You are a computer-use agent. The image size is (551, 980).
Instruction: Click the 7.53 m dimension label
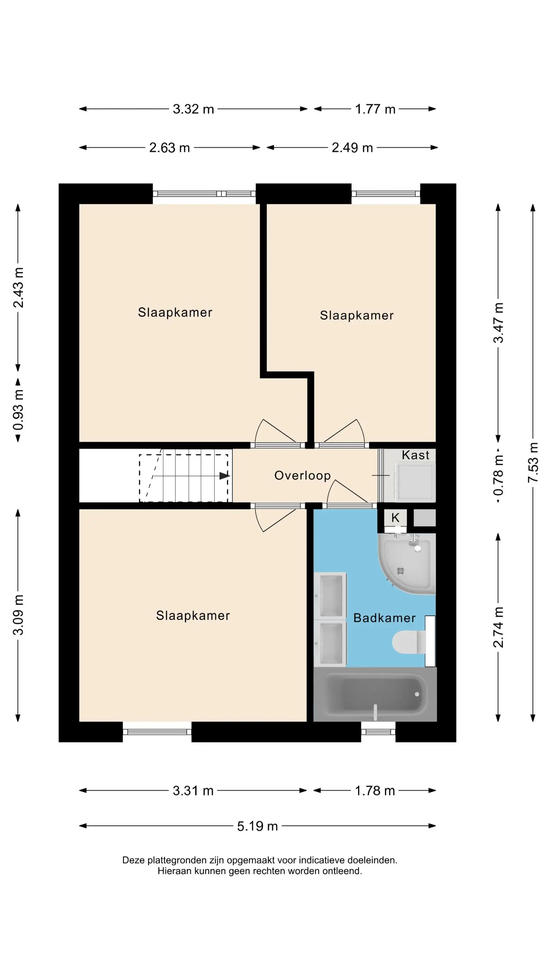click(533, 462)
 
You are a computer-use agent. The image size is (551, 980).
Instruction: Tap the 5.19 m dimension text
click(258, 826)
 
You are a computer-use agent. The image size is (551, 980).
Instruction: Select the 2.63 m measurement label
click(170, 148)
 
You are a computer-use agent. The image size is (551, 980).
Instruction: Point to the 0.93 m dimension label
click(18, 410)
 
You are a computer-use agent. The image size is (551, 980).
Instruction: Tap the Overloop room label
click(302, 476)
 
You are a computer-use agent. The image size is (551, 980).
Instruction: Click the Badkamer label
click(385, 618)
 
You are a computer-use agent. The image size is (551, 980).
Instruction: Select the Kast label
click(416, 455)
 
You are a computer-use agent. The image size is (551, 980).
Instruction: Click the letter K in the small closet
click(396, 517)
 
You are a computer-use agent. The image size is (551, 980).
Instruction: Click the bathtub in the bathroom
click(375, 695)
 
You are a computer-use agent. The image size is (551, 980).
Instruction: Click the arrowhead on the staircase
click(225, 476)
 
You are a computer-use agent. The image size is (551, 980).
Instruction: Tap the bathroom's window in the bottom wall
click(378, 732)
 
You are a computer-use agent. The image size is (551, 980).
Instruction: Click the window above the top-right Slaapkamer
click(386, 194)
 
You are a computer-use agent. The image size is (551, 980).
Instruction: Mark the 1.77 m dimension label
click(375, 109)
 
